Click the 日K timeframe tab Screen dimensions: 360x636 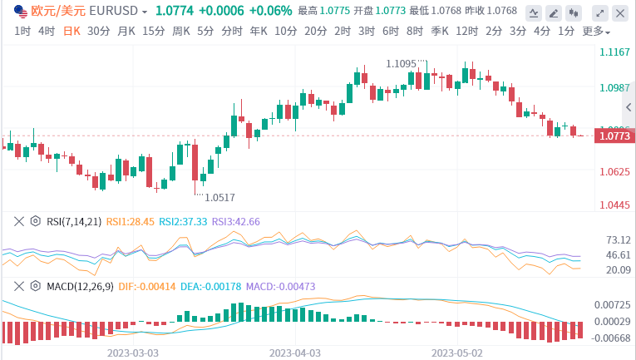72,31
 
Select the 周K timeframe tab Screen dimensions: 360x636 181,31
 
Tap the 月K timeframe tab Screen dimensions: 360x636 126,31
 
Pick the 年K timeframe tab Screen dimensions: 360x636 259,31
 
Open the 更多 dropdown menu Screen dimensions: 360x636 596,31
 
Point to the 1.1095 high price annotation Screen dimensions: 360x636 402,64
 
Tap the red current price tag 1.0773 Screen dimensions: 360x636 613,136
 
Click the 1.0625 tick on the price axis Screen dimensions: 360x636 614,172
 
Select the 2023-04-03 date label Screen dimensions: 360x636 295,353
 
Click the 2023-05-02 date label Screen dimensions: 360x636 456,353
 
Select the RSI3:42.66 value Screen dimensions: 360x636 236,222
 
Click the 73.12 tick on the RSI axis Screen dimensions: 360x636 617,239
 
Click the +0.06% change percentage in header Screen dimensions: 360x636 270,12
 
